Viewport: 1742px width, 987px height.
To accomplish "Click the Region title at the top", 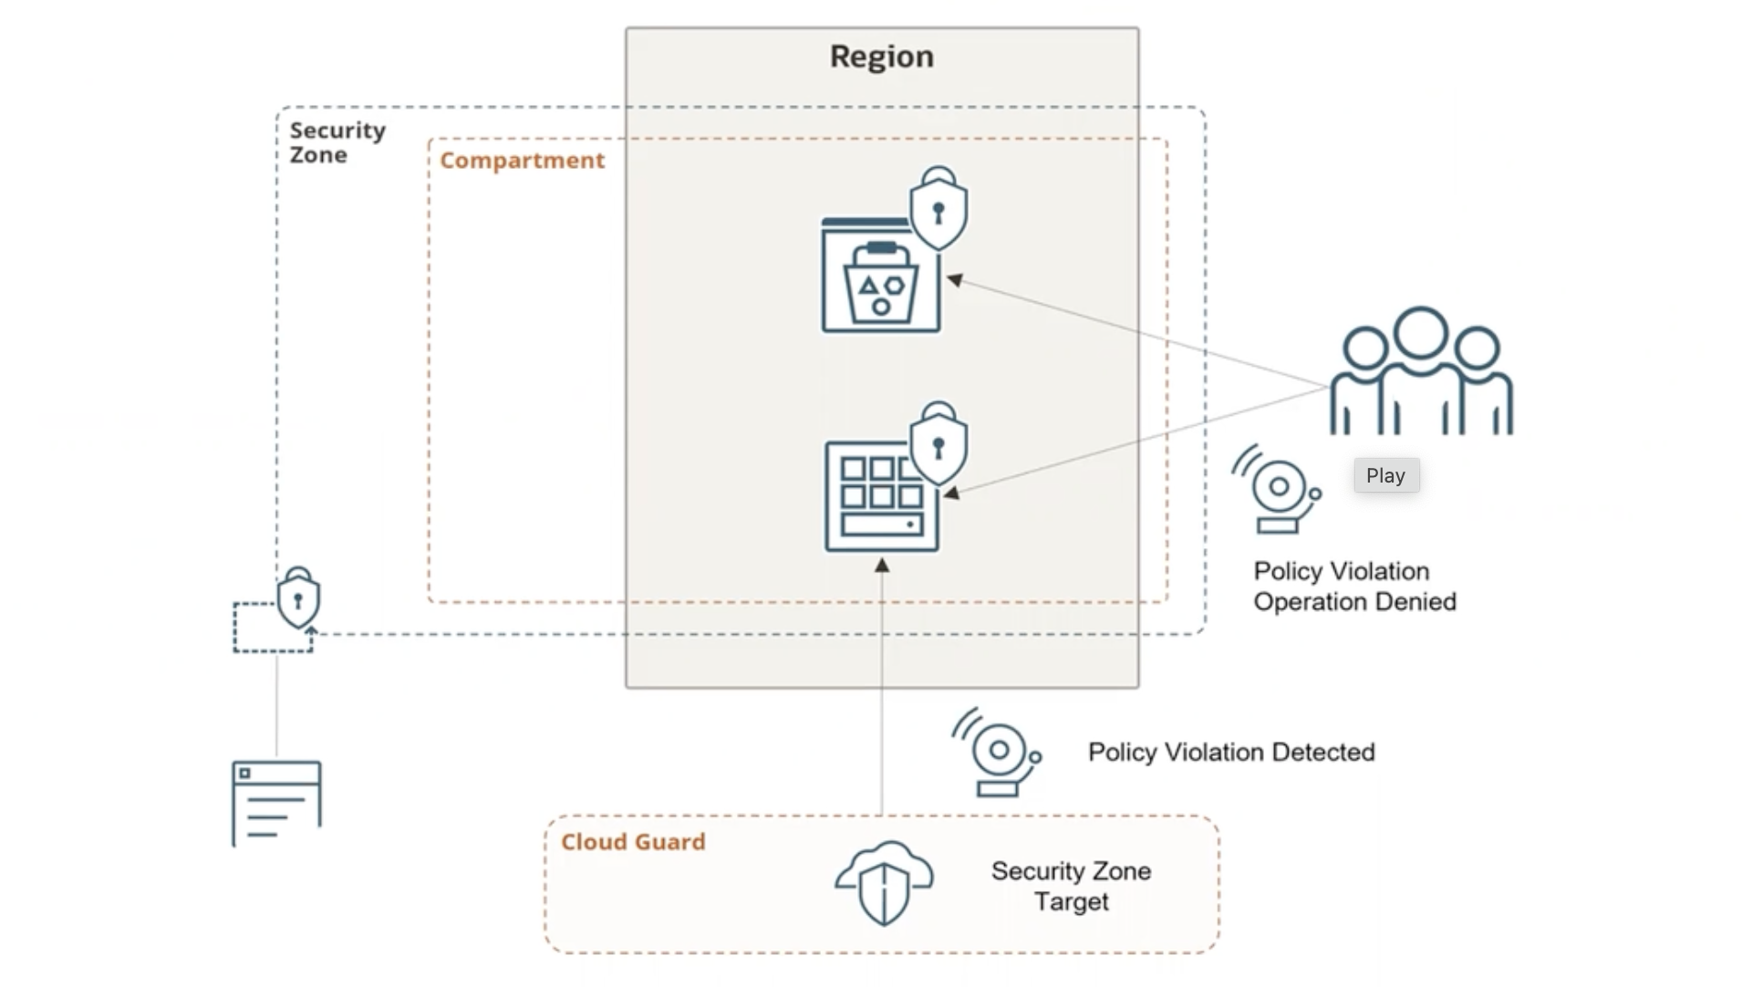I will click(881, 57).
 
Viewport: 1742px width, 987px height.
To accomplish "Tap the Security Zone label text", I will click(337, 142).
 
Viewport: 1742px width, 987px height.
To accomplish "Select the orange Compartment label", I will click(522, 161).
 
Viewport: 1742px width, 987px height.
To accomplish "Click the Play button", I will click(1384, 475).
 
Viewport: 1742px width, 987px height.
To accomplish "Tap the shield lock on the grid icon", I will click(938, 445).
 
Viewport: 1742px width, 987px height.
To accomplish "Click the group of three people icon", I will click(1421, 372).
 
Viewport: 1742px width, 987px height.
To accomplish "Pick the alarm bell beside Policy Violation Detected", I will click(997, 752).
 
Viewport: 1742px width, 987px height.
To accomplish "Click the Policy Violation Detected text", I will click(1231, 753).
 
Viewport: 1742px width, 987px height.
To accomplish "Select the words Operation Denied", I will click(1354, 602).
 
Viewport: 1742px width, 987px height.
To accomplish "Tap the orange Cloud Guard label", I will click(633, 842).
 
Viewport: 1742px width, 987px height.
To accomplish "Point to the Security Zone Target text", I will click(1071, 886).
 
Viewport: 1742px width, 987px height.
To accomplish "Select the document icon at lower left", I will click(276, 803).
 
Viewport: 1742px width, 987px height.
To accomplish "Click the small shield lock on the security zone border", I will click(298, 598).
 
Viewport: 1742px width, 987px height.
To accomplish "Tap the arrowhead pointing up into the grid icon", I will click(882, 566).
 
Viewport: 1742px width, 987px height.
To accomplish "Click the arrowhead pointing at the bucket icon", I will click(955, 280).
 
